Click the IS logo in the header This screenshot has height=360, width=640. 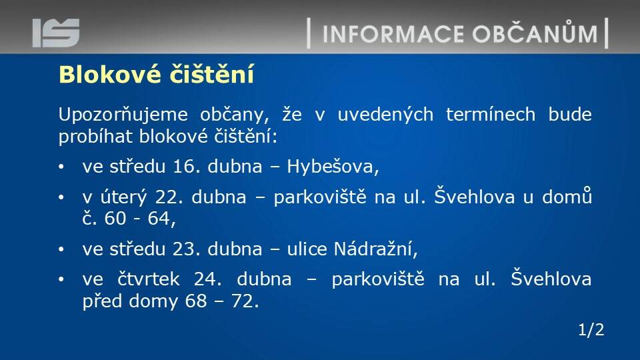tap(56, 33)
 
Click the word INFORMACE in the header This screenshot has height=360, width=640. tap(393, 34)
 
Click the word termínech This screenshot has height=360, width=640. tap(491, 114)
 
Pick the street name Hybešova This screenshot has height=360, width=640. tap(333, 167)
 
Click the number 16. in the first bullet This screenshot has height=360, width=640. tap(187, 167)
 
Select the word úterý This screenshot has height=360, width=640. tap(123, 197)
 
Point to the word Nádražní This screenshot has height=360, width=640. tap(376, 249)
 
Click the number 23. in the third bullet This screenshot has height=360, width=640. tap(187, 249)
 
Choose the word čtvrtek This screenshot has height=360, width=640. tap(149, 279)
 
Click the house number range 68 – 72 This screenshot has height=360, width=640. tap(221, 301)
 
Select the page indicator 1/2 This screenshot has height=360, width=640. tap(591, 330)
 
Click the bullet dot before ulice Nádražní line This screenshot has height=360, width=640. tap(61, 249)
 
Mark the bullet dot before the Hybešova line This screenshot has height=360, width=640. tap(61, 167)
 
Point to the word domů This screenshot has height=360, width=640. tap(567, 196)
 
